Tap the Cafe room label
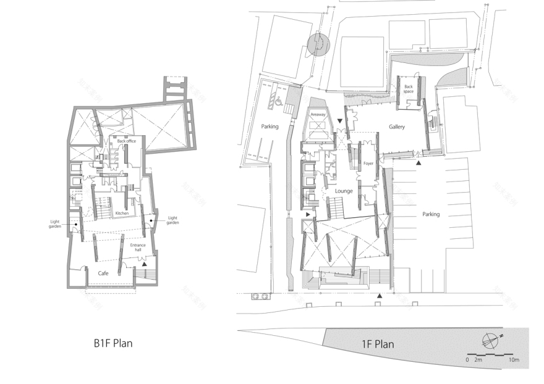click(x=104, y=272)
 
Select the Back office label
click(x=126, y=141)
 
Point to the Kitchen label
click(x=122, y=213)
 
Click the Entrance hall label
click(x=138, y=248)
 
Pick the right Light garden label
click(x=172, y=220)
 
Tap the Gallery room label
click(x=396, y=127)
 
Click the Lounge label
click(x=344, y=191)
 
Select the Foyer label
click(x=369, y=164)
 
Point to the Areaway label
click(x=318, y=115)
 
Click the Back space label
click(x=409, y=89)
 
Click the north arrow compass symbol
click(x=489, y=339)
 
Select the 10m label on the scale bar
click(x=514, y=359)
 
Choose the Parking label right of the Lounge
click(x=431, y=214)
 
